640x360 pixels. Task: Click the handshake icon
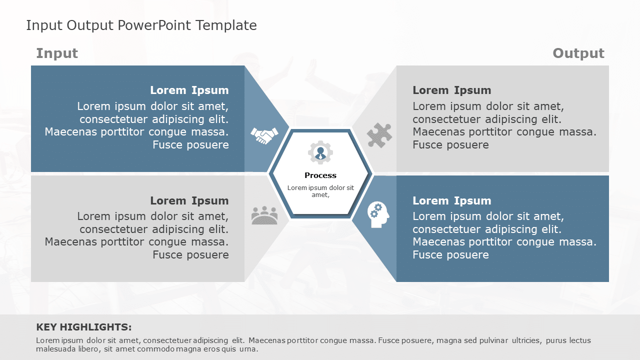264,135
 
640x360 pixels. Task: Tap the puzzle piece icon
379,135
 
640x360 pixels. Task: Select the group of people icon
264,215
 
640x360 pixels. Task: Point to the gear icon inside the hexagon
320,152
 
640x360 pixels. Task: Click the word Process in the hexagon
320,175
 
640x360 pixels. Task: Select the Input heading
57,53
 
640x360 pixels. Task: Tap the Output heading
578,53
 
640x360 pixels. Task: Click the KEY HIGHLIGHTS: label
84,327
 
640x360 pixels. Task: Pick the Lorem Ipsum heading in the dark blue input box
189,90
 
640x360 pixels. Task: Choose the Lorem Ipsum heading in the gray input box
189,201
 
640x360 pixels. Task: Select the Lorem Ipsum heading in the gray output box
451,90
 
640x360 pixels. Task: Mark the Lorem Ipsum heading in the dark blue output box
451,201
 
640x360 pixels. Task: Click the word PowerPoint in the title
156,25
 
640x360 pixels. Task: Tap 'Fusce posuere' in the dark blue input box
190,145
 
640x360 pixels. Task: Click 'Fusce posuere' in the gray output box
450,145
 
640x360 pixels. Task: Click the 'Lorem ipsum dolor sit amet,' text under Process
320,191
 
